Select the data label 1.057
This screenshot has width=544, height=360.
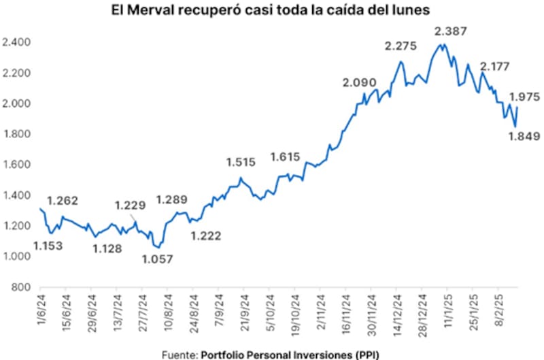click(x=158, y=259)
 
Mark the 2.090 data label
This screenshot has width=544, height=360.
click(x=359, y=83)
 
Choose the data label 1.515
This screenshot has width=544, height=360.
click(x=241, y=162)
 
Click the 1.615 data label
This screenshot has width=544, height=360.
click(x=286, y=157)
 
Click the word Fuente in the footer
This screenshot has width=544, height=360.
click(x=180, y=354)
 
